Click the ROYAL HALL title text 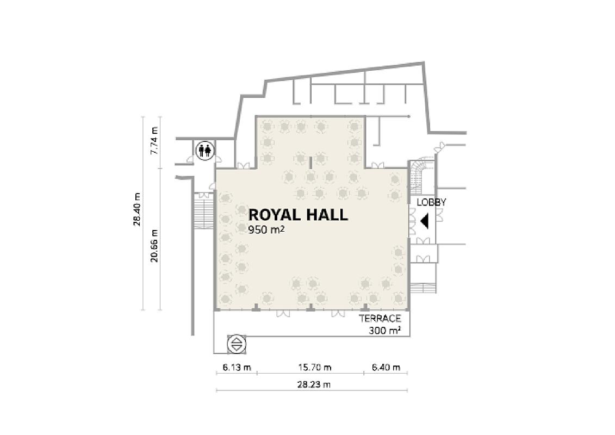298,215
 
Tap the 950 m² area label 266,230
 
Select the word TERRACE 380,319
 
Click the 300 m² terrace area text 384,331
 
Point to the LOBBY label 431,203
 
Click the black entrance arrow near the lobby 424,222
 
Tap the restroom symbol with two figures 205,150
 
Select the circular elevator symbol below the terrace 237,344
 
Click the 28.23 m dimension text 314,384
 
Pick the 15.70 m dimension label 314,368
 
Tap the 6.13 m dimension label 237,368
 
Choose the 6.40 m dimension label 386,368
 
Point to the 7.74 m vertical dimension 154,140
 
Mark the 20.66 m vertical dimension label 154,245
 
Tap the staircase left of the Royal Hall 204,211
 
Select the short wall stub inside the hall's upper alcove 310,162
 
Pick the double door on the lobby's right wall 440,215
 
